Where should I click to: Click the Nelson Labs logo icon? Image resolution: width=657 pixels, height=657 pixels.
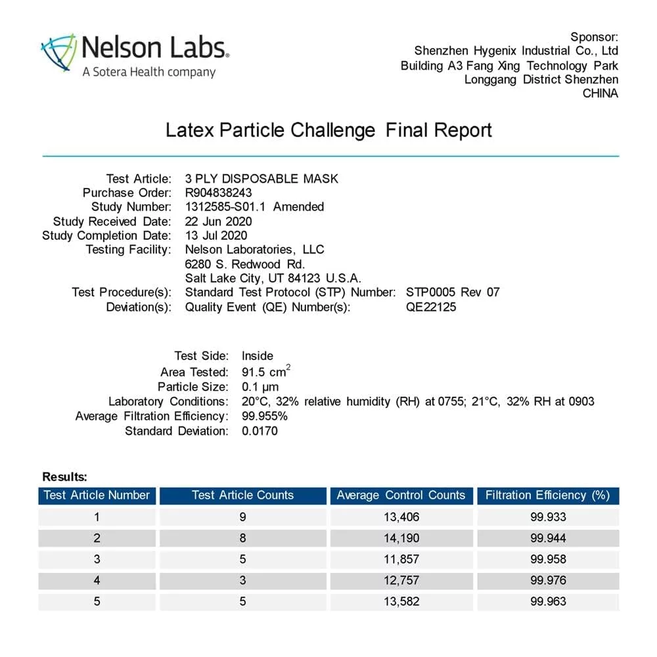click(x=58, y=53)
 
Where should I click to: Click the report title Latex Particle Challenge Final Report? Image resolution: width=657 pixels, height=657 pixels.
click(x=328, y=129)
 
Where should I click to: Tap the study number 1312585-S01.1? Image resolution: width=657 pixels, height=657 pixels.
click(x=227, y=207)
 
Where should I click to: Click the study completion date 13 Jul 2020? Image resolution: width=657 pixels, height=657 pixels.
click(x=215, y=235)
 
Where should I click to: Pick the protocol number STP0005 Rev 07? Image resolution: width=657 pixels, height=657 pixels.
click(x=453, y=292)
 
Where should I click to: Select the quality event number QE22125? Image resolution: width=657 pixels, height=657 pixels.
click(x=431, y=306)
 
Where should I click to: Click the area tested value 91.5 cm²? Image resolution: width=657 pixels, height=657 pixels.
click(x=266, y=372)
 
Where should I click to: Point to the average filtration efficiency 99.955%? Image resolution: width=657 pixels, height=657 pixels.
click(x=265, y=416)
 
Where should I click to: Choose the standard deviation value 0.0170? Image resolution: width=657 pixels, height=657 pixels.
click(x=260, y=431)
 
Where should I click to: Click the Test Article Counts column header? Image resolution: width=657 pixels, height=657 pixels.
click(x=242, y=495)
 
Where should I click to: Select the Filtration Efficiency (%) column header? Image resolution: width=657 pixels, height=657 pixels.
click(x=548, y=495)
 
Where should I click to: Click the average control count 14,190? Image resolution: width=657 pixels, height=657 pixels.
click(x=401, y=538)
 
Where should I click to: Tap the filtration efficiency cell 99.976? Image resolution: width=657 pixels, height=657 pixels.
click(x=548, y=580)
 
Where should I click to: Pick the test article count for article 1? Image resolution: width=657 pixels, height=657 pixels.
click(x=242, y=517)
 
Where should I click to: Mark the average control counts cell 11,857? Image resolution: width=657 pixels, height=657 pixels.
click(x=401, y=559)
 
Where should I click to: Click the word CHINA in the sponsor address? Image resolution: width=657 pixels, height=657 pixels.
click(x=600, y=93)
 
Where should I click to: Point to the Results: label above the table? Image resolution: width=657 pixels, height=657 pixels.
click(x=64, y=477)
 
